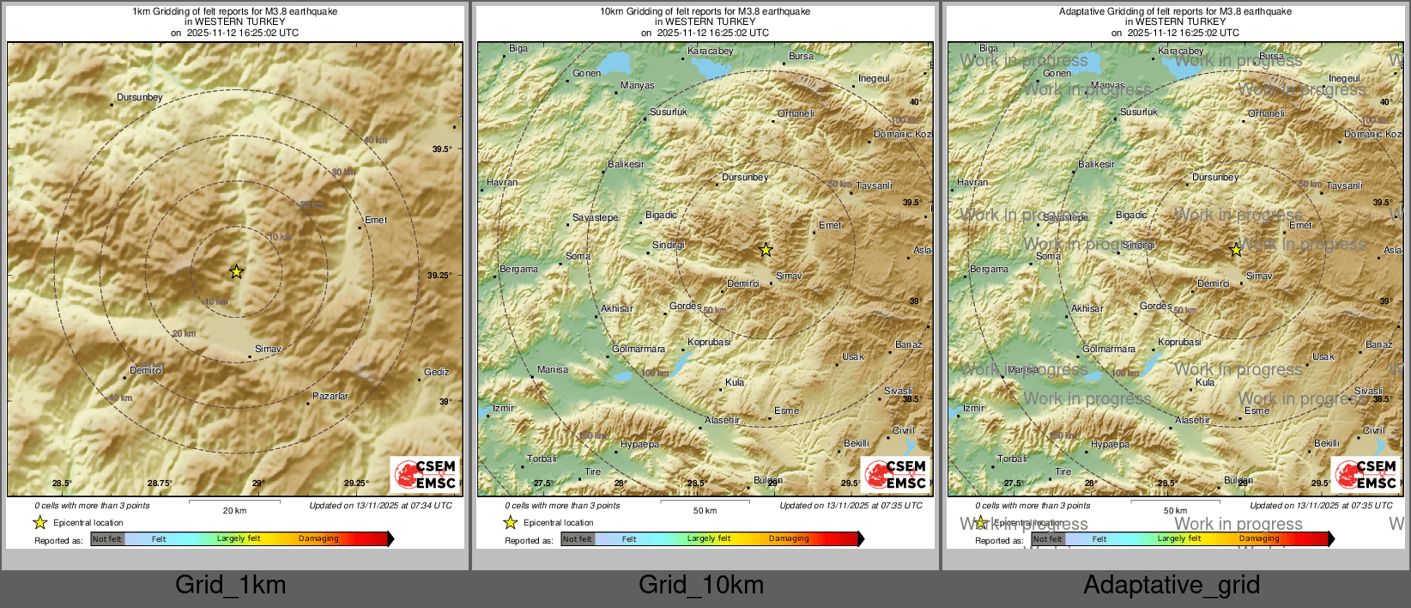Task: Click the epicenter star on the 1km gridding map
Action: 236,272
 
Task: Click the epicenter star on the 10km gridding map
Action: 766,250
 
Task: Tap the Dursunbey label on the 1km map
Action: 139,98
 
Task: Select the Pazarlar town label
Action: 330,397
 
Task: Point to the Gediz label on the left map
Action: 436,373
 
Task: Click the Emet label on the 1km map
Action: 376,221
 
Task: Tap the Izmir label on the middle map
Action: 503,409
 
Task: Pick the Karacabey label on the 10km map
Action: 711,52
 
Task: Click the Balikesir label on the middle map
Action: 626,164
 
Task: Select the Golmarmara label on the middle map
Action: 639,350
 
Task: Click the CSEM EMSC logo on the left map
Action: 425,474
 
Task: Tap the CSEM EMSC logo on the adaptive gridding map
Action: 1366,474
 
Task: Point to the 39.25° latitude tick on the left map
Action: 439,276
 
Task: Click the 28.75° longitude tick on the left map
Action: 160,483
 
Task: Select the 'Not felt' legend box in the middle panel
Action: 578,539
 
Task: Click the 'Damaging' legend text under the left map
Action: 318,539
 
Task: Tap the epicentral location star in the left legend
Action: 39,522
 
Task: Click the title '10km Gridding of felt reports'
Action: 705,12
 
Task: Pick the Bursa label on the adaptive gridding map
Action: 1271,57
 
